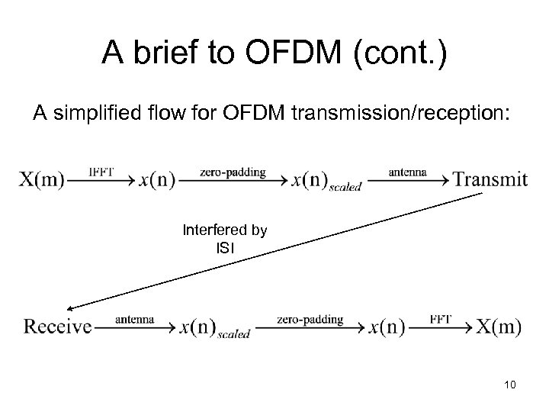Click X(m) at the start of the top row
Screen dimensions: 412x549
point(42,180)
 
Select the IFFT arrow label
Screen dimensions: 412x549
point(101,172)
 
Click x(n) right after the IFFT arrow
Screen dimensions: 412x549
point(157,180)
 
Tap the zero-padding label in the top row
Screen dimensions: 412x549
point(233,172)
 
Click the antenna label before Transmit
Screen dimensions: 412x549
point(407,172)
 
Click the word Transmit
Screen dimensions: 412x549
point(490,180)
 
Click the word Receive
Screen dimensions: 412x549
point(57,327)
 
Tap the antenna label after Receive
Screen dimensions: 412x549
point(135,319)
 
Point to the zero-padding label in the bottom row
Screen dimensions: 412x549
point(310,319)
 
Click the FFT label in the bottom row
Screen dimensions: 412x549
point(439,319)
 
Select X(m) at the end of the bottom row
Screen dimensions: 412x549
point(499,327)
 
